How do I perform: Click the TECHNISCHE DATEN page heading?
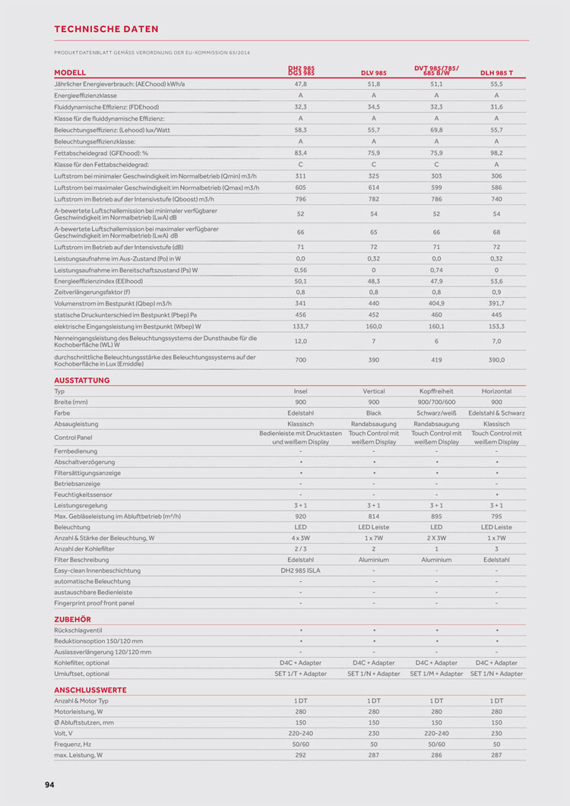pyautogui.click(x=106, y=29)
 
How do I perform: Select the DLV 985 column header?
pyautogui.click(x=373, y=73)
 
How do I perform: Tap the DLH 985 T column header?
pyautogui.click(x=496, y=73)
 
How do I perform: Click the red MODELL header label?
pyautogui.click(x=70, y=73)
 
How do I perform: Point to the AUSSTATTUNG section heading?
pyautogui.click(x=81, y=380)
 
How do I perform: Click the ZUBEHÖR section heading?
pyautogui.click(x=72, y=619)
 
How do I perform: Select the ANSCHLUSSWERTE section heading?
pyautogui.click(x=90, y=690)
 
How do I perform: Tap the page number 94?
pyautogui.click(x=49, y=785)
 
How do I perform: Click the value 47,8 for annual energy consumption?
pyautogui.click(x=300, y=84)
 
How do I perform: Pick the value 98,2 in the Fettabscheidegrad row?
pyautogui.click(x=496, y=153)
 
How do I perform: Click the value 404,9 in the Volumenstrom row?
pyautogui.click(x=436, y=304)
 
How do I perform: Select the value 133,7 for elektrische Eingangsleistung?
pyautogui.click(x=300, y=326)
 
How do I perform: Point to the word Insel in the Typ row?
pyautogui.click(x=300, y=391)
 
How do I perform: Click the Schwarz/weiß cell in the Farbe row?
pyautogui.click(x=436, y=412)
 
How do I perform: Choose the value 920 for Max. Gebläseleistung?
pyautogui.click(x=300, y=517)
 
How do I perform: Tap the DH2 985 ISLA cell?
pyautogui.click(x=300, y=571)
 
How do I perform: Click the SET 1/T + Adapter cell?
pyautogui.click(x=300, y=674)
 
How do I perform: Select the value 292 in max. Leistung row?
pyautogui.click(x=300, y=756)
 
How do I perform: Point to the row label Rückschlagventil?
pyautogui.click(x=78, y=631)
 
